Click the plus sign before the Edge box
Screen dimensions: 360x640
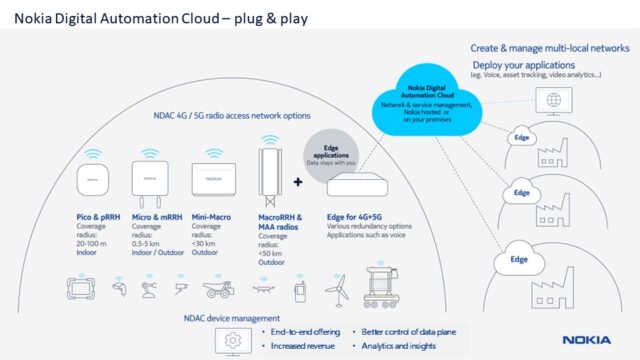click(297, 183)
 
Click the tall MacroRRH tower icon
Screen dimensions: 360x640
click(268, 176)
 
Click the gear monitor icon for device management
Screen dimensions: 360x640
click(233, 340)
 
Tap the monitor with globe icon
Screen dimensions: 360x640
click(551, 100)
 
